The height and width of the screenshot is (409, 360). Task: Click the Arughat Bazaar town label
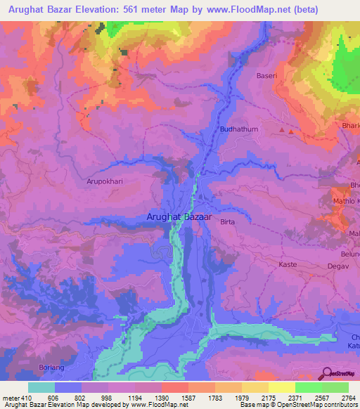pyautogui.click(x=179, y=218)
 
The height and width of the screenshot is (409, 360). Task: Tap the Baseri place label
pyautogui.click(x=268, y=75)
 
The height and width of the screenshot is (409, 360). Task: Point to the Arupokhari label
pyautogui.click(x=105, y=181)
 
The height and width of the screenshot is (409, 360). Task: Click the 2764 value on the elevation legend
pyautogui.click(x=338, y=398)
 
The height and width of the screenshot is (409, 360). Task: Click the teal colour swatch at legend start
pyautogui.click(x=41, y=387)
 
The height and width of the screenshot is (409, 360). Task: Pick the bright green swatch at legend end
pyautogui.click(x=335, y=387)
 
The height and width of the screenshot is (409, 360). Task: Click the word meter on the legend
pyautogui.click(x=11, y=398)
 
